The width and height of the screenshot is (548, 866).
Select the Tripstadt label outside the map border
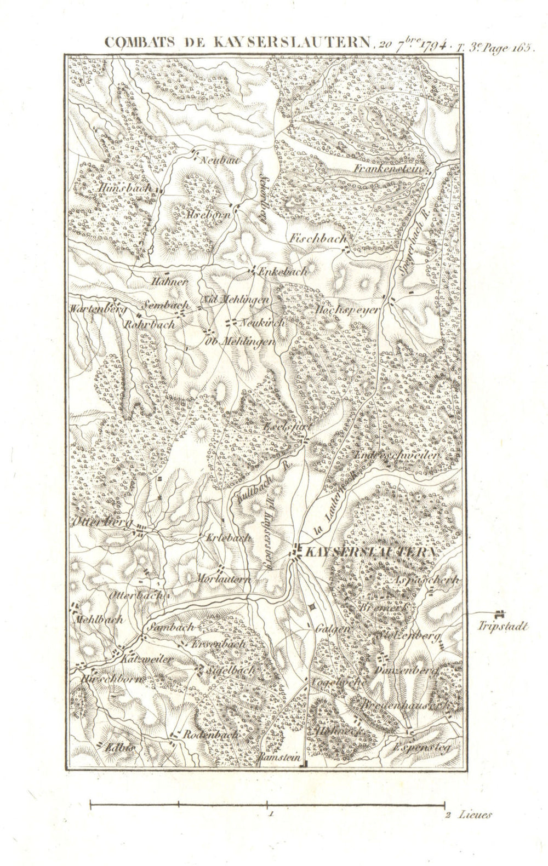pos(503,627)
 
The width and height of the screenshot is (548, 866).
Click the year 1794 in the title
pos(433,44)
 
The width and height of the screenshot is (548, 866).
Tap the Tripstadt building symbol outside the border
pos(499,615)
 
